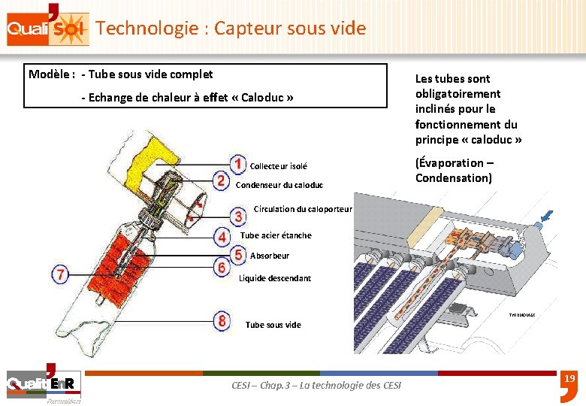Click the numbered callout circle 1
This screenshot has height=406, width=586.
click(x=237, y=164)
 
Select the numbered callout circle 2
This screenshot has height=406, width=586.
click(x=221, y=181)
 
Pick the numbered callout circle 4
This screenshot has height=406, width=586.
click(x=222, y=237)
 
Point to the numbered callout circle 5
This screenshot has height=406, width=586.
click(x=238, y=255)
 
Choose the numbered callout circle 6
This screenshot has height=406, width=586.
click(x=222, y=267)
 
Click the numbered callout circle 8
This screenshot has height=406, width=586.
click(x=222, y=322)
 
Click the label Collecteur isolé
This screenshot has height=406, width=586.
click(x=278, y=166)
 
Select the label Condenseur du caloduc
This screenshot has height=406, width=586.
click(x=279, y=185)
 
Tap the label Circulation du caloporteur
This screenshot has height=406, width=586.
click(x=303, y=209)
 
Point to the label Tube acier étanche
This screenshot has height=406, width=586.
click(x=276, y=235)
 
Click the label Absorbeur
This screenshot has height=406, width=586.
click(x=270, y=256)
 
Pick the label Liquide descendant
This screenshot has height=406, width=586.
click(x=275, y=278)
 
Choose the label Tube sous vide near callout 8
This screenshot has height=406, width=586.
click(x=273, y=325)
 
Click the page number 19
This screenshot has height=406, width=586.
click(x=569, y=379)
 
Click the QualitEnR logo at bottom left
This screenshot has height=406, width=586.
click(x=41, y=385)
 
